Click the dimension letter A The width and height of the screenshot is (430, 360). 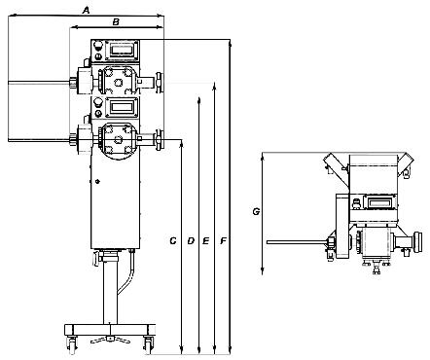(x=86, y=11)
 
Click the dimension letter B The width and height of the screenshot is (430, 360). (x=116, y=21)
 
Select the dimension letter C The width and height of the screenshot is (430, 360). (x=173, y=240)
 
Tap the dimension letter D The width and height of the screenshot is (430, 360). (x=191, y=240)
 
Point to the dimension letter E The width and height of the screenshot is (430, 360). (x=205, y=240)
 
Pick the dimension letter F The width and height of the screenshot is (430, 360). (x=223, y=240)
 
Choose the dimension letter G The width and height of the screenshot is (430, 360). (x=256, y=212)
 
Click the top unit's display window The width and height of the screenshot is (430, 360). (x=121, y=50)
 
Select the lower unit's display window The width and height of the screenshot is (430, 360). (x=121, y=106)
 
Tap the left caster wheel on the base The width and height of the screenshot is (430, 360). (x=72, y=343)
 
